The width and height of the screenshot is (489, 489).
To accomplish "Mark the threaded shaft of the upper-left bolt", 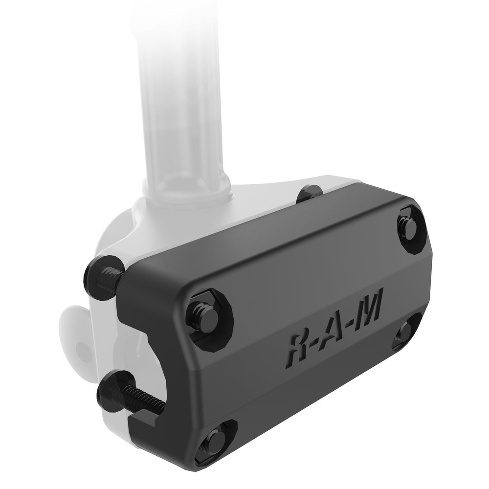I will click(113, 278).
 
